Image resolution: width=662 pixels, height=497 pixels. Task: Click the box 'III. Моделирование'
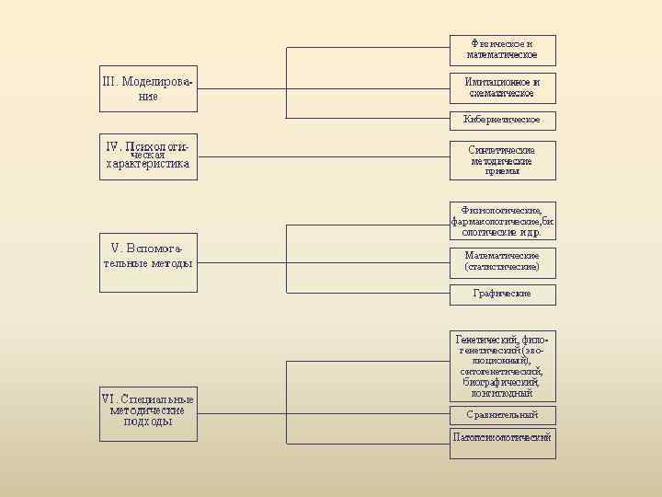coord(147,88)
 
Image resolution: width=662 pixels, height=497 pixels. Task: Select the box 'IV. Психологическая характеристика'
coord(147,156)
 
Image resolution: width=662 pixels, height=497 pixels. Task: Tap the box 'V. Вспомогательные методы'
coord(147,262)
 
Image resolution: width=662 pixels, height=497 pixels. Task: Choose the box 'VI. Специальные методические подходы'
coord(147,412)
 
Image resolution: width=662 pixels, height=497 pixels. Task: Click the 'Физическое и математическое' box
coord(502,50)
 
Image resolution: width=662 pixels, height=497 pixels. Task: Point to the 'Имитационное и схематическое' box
coord(502,87)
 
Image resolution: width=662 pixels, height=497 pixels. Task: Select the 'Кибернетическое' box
coord(502,120)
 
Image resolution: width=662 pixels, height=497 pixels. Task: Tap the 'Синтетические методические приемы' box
coord(502,160)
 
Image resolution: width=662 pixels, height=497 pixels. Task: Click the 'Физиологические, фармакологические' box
coord(502,221)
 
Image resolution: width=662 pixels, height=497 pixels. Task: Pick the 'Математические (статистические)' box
coord(502,261)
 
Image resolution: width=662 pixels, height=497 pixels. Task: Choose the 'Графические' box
coord(502,294)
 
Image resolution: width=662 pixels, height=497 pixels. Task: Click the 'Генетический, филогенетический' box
coord(502,365)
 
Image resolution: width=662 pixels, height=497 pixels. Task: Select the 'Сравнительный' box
coord(502,414)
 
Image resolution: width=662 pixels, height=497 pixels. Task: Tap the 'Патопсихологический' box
coord(502,437)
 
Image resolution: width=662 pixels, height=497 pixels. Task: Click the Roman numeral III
coord(109,81)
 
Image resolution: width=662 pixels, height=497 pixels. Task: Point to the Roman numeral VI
coord(108,399)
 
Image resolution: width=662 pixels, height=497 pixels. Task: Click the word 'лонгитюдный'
coord(502,393)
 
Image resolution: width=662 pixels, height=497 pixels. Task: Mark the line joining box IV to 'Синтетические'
coord(322,157)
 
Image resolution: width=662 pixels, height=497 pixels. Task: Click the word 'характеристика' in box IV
coord(147,165)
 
